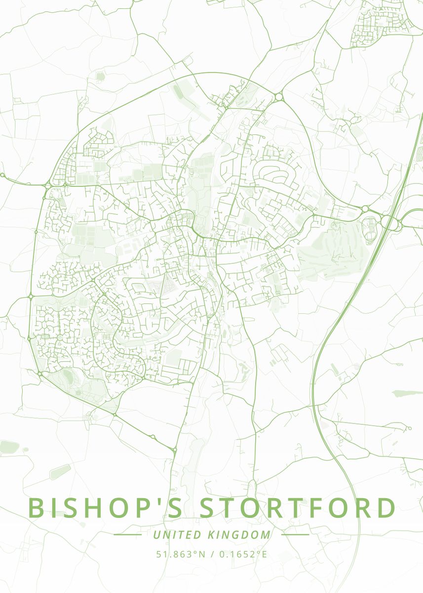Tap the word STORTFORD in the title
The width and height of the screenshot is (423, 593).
click(x=298, y=508)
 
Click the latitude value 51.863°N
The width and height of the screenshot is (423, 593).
click(x=181, y=554)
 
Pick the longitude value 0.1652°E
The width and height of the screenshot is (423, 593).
click(x=242, y=554)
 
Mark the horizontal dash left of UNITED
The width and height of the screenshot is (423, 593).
click(x=128, y=535)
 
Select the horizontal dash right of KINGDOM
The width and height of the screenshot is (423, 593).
click(x=295, y=535)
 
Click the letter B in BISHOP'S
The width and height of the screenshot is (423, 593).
click(x=38, y=508)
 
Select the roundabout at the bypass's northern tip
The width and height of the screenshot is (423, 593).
click(x=278, y=97)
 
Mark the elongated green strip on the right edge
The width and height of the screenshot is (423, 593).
click(x=407, y=393)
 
